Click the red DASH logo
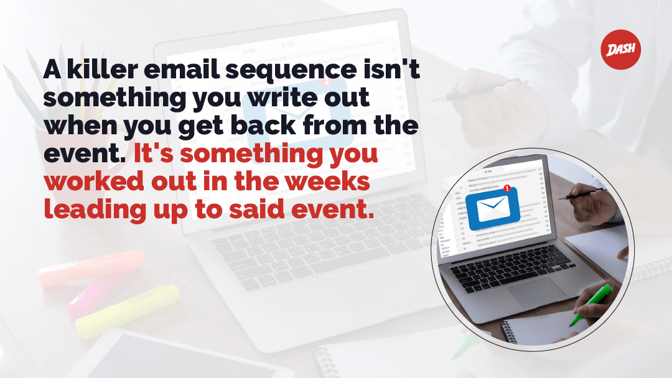(x=620, y=50)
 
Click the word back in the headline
(x=264, y=125)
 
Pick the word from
(x=335, y=125)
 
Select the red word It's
(x=154, y=153)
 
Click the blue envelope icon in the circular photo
(x=493, y=208)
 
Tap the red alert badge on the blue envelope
(x=507, y=188)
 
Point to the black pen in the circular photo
(x=579, y=195)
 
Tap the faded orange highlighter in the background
(x=91, y=268)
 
